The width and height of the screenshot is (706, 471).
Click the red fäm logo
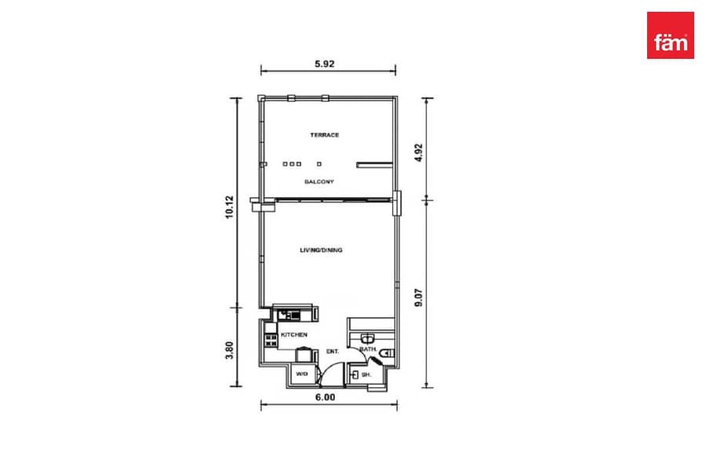point(670,35)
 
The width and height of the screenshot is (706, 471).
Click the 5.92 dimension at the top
point(324,64)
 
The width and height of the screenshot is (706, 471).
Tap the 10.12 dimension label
point(230,207)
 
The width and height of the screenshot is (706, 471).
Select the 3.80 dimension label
point(230,350)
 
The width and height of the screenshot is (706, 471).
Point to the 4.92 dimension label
point(419,153)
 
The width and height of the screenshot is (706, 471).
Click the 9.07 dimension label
point(419,298)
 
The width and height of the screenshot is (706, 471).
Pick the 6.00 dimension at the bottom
point(325,397)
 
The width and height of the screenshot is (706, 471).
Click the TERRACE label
point(324,135)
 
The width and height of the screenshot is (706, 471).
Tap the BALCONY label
point(319,181)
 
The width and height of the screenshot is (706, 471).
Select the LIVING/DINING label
point(321,250)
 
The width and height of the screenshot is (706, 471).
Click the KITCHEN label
point(294,335)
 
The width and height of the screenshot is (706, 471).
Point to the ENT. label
point(333,351)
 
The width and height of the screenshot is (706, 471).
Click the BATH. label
point(368,349)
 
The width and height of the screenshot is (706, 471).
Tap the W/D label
point(302,374)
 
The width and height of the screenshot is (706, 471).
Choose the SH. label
point(366,374)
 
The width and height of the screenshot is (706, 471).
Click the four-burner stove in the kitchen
point(271,340)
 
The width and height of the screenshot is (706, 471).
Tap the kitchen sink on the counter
point(289,315)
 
